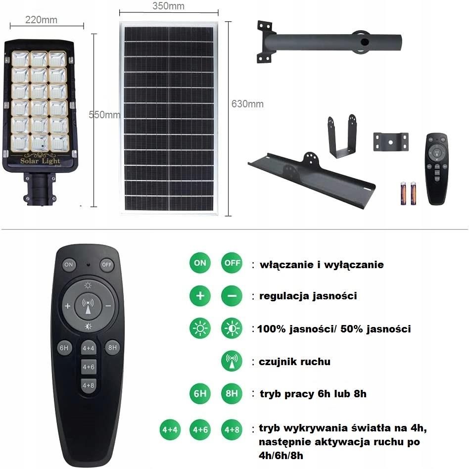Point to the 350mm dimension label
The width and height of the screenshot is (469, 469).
pyautogui.click(x=168, y=6)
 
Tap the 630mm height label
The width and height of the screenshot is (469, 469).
pyautogui.click(x=247, y=104)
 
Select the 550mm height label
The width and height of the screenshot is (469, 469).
pyautogui.click(x=104, y=115)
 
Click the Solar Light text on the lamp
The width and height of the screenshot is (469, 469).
pyautogui.click(x=40, y=161)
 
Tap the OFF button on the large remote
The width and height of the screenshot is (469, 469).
pyautogui.click(x=107, y=265)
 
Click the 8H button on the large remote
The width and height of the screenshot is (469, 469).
pyautogui.click(x=112, y=347)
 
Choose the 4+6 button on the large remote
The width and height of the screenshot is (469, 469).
pyautogui.click(x=89, y=367)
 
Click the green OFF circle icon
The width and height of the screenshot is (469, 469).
pyautogui.click(x=232, y=263)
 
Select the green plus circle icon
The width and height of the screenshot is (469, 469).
pyautogui.click(x=200, y=296)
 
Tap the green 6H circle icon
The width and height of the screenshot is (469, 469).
pyautogui.click(x=200, y=394)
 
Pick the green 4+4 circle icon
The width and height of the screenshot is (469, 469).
pyautogui.click(x=169, y=429)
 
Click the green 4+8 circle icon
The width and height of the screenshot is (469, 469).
pyautogui.click(x=232, y=429)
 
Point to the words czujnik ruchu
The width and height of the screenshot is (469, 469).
pyautogui.click(x=294, y=362)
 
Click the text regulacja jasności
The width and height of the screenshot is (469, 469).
pyautogui.click(x=308, y=296)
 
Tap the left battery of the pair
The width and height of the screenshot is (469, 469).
pyautogui.click(x=403, y=193)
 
